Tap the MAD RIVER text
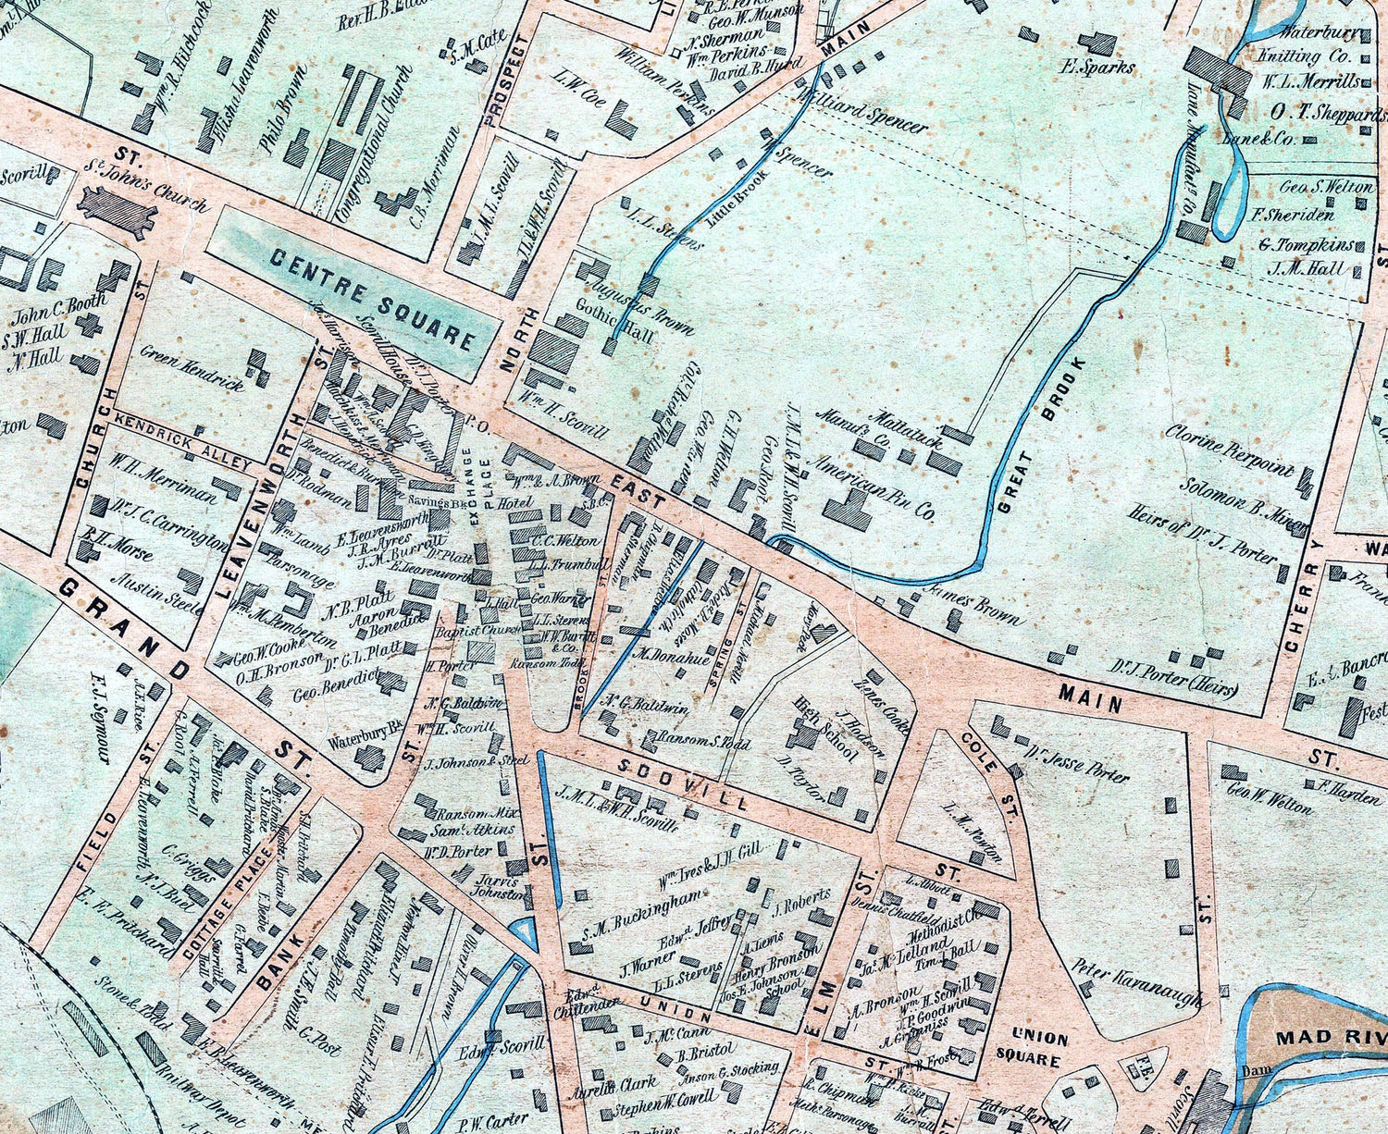pyautogui.click(x=1331, y=1038)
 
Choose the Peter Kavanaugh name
pyautogui.click(x=1139, y=986)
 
